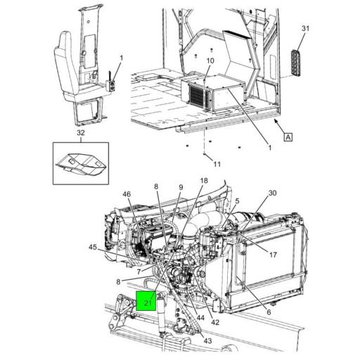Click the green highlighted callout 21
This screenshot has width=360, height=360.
(147, 301)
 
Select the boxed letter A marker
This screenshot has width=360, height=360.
(288, 137)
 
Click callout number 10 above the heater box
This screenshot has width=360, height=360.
(210, 61)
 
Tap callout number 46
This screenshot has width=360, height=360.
(127, 194)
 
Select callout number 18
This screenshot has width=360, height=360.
(203, 181)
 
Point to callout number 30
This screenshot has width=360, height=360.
(273, 193)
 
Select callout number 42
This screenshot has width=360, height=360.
(215, 323)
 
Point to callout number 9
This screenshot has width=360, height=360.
(180, 187)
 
